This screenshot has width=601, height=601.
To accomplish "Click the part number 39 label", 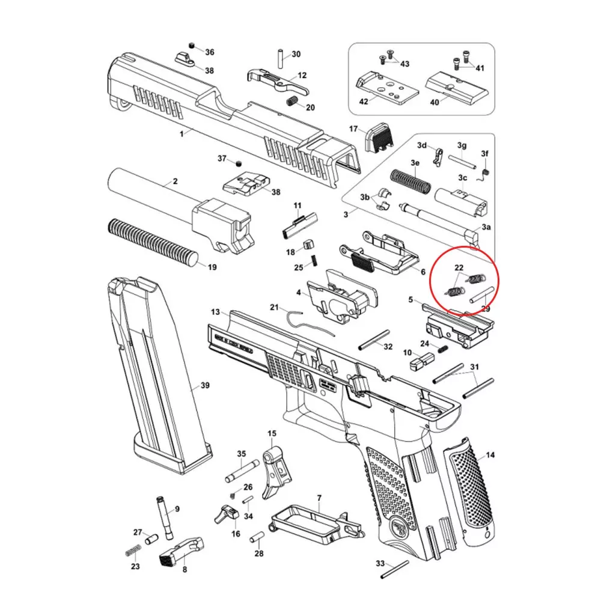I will coord(205,386).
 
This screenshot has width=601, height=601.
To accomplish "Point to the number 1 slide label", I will coord(182,134).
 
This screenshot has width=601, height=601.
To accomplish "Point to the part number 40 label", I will coord(435,102).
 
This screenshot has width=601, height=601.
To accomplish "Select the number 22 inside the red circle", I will coord(459,267).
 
